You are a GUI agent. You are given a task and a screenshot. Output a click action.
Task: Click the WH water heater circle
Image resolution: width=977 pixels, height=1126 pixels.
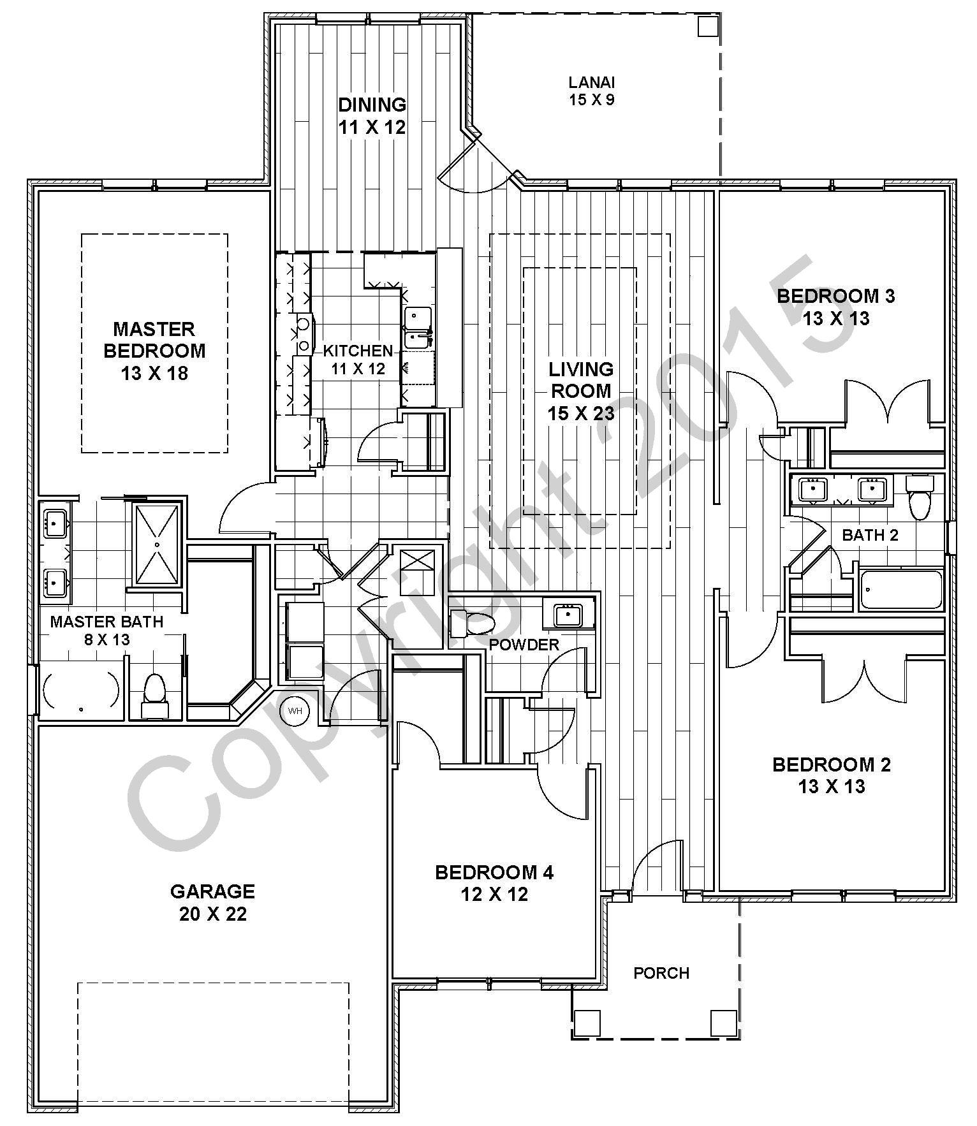click(x=295, y=710)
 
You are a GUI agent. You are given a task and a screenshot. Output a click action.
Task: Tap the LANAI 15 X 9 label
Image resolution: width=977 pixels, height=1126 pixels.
click(x=592, y=91)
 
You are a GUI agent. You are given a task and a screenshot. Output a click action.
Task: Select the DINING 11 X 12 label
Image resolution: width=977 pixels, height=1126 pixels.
click(x=372, y=115)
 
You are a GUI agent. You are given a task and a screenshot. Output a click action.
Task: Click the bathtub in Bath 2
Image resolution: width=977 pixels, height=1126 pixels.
click(x=901, y=590)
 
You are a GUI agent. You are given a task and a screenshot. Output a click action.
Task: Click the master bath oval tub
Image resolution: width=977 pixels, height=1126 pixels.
click(x=81, y=692)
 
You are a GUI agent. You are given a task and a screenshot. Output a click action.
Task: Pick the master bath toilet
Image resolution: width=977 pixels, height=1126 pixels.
click(x=154, y=696)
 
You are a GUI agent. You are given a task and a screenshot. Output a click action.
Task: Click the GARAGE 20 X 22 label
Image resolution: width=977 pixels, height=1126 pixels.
click(x=212, y=902)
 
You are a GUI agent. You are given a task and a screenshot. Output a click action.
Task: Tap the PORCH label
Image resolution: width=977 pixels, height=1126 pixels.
click(x=661, y=973)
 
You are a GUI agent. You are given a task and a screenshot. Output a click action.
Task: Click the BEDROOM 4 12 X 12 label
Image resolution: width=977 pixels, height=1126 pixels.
click(x=494, y=883)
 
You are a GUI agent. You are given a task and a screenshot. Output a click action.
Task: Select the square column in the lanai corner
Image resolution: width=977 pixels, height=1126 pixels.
click(x=707, y=27)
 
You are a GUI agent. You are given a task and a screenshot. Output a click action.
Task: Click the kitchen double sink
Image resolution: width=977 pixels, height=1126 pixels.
click(x=418, y=326)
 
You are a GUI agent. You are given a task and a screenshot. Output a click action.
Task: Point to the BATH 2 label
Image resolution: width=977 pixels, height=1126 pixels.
click(x=870, y=535)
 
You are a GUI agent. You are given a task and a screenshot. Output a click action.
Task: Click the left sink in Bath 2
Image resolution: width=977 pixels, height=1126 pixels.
click(x=812, y=490)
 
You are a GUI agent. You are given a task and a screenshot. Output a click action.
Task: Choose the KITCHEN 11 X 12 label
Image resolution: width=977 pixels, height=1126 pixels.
click(x=358, y=359)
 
